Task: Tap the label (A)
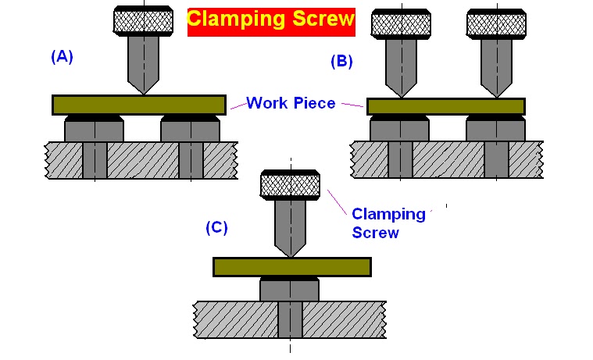pyautogui.click(x=61, y=56)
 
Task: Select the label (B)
pyautogui.click(x=342, y=61)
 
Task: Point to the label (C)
pyautogui.click(x=216, y=227)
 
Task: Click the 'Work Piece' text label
pyautogui.click(x=291, y=102)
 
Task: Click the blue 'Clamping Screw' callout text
pyautogui.click(x=388, y=223)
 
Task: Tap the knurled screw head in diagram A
pyautogui.click(x=143, y=20)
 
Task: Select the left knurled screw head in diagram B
pyautogui.click(x=399, y=23)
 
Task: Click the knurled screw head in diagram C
pyautogui.click(x=289, y=185)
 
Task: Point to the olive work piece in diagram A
pyautogui.click(x=138, y=104)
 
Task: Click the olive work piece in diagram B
pyautogui.click(x=445, y=106)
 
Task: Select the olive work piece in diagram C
pyautogui.click(x=291, y=267)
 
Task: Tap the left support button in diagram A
pyautogui.click(x=94, y=128)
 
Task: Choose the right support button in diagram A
pyautogui.click(x=191, y=128)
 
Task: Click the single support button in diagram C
pyautogui.click(x=289, y=290)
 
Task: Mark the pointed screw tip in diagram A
pyautogui.click(x=143, y=87)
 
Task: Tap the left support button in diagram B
pyautogui.click(x=399, y=128)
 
